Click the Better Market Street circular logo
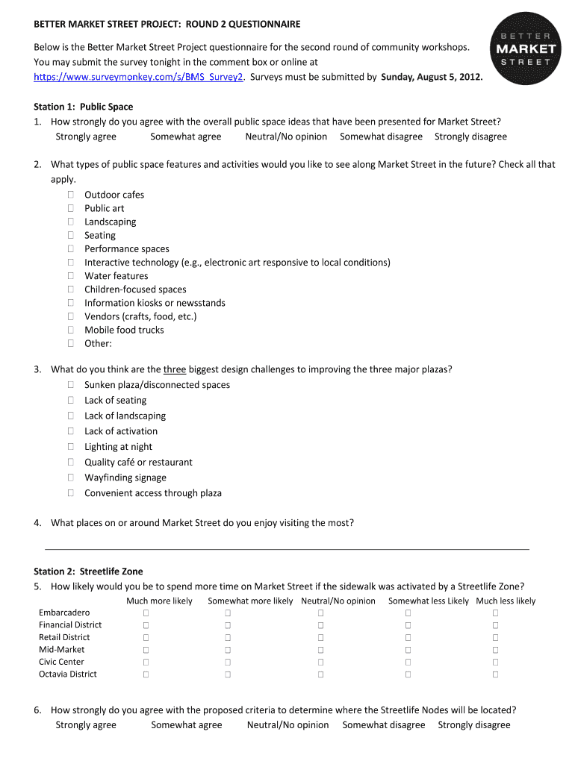click(522, 50)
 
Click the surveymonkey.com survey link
click(138, 77)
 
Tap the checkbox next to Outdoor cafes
click(70, 195)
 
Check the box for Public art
click(70, 208)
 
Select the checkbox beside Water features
click(70, 276)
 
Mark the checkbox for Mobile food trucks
click(70, 330)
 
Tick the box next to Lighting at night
click(70, 447)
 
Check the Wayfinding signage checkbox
click(70, 477)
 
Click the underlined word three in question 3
click(175, 369)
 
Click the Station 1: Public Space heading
click(84, 107)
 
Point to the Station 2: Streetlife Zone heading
click(88, 572)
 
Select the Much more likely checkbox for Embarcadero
click(146, 613)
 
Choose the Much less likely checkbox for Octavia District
click(495, 674)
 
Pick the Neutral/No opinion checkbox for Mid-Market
click(320, 650)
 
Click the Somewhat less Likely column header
click(429, 601)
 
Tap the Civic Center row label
click(61, 662)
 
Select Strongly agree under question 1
click(86, 137)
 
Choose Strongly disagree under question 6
click(474, 725)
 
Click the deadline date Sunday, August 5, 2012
click(432, 77)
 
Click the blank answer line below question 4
click(288, 548)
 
